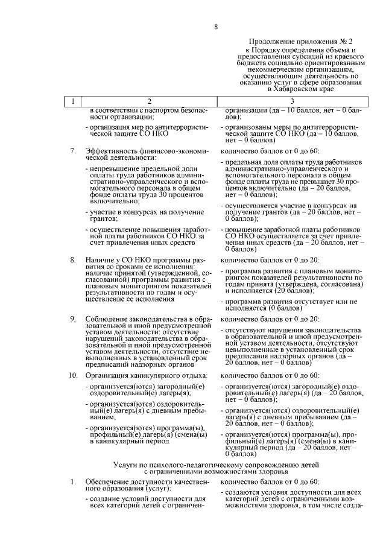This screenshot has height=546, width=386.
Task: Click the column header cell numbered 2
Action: click(150, 101)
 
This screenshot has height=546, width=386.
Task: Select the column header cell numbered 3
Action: click(292, 101)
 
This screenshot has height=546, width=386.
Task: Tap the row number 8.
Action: click(72, 260)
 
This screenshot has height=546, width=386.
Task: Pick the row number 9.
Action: click(72, 318)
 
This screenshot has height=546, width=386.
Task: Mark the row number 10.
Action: click(71, 376)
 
